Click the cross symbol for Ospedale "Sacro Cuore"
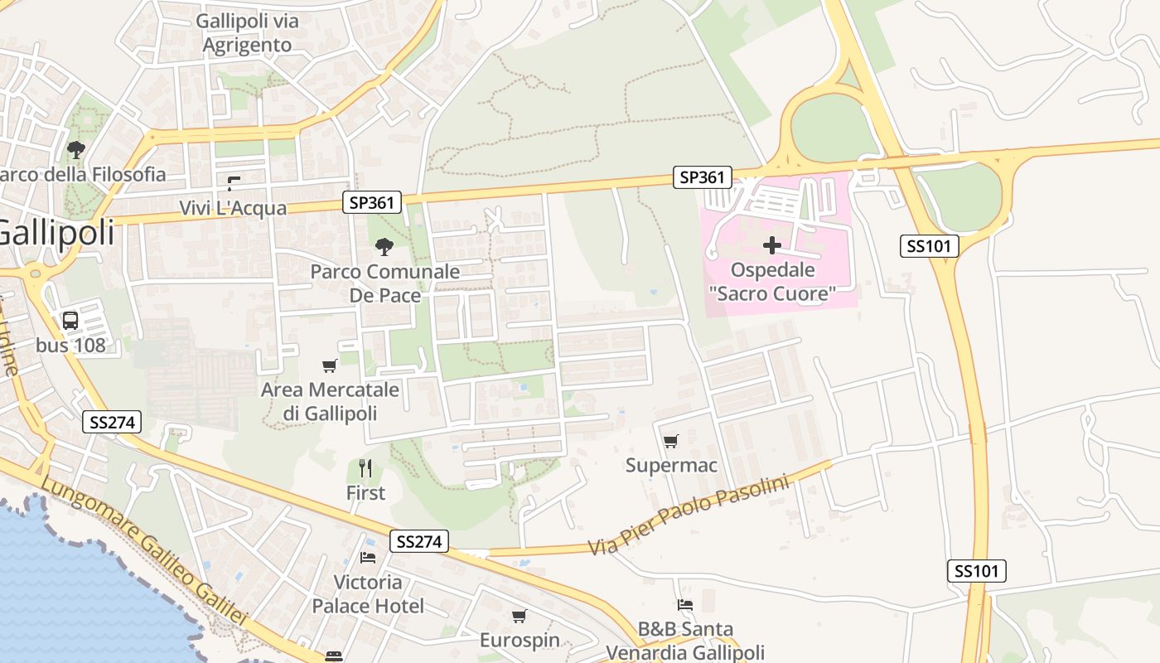[772, 245]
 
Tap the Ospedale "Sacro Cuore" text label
[772, 282]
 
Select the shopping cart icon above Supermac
[670, 441]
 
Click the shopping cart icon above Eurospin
[519, 616]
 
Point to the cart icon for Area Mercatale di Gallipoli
[329, 365]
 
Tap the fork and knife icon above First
[365, 468]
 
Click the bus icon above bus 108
[70, 320]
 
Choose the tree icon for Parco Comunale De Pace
[384, 246]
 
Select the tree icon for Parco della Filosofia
[76, 150]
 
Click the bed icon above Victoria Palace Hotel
[368, 557]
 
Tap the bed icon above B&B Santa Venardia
[684, 604]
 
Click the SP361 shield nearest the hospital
[702, 177]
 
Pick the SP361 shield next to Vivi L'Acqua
[372, 201]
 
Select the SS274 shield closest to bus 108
[113, 422]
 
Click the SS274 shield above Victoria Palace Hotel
[420, 541]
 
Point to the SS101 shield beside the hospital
[929, 245]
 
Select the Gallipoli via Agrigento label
[248, 33]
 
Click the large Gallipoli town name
[56, 232]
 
